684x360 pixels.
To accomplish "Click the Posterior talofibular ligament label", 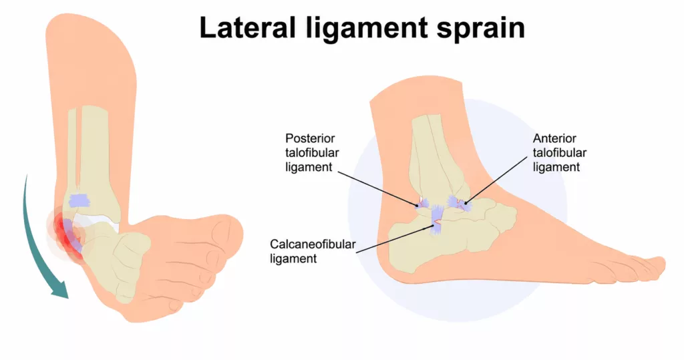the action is tap(312, 153).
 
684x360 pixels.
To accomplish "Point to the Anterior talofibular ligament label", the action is tap(560, 153).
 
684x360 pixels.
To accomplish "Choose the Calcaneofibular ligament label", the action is tap(313, 251).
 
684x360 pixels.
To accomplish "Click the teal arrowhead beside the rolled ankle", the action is tap(60, 289).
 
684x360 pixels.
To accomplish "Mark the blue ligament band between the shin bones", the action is tap(79, 200).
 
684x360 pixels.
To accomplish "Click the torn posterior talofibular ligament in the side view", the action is tap(423, 203).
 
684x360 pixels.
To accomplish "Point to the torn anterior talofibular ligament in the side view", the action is tap(459, 204).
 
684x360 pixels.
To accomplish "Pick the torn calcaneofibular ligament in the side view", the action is tap(437, 221).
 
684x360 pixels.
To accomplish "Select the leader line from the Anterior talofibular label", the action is tap(496, 180).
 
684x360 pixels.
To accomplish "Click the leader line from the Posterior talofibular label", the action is tap(378, 188).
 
